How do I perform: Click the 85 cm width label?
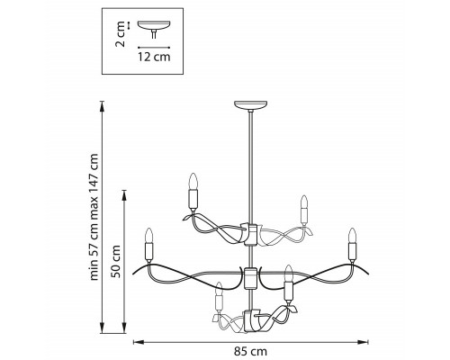250,351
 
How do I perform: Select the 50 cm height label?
115,261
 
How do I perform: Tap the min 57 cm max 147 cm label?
94,217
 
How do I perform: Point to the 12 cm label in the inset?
154,57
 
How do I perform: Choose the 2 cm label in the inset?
120,34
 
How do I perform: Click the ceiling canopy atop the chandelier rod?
250,105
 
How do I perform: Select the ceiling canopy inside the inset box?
154,25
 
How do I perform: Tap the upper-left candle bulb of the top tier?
193,181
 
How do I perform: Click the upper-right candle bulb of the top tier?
304,202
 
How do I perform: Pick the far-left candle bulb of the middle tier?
149,236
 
